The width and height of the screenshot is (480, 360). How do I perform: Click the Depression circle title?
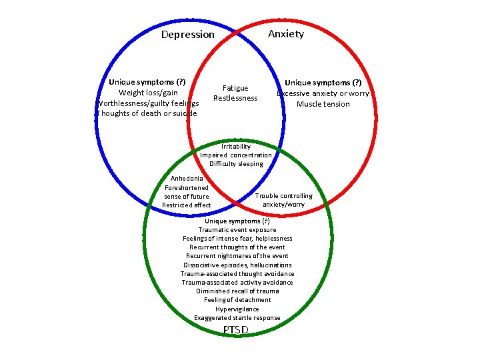(x=188, y=35)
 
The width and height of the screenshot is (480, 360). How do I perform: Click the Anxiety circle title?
(x=285, y=34)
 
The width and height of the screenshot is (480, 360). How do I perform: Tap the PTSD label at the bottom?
(x=236, y=330)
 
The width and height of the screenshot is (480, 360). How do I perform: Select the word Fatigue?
(x=235, y=88)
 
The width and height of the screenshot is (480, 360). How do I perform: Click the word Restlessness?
(x=235, y=98)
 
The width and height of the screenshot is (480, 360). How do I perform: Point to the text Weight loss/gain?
(x=148, y=93)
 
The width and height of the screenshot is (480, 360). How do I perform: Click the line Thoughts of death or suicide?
(x=147, y=113)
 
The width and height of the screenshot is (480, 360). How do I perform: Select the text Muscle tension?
(x=323, y=104)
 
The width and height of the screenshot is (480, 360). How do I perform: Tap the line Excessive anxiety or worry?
(x=323, y=93)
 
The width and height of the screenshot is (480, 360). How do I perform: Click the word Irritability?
(x=236, y=147)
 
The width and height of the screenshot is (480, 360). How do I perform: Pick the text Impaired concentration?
(x=236, y=155)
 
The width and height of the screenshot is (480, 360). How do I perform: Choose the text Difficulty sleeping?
(x=236, y=164)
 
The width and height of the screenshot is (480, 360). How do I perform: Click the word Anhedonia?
(x=187, y=179)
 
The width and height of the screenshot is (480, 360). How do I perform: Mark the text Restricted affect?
(x=187, y=205)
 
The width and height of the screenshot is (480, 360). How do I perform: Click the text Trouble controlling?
(x=284, y=195)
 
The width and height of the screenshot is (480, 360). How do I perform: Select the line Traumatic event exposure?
(x=237, y=230)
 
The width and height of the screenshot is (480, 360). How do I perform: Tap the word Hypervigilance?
(x=237, y=309)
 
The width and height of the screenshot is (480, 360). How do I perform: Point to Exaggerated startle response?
(x=237, y=318)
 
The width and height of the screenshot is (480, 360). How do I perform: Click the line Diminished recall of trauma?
(x=237, y=291)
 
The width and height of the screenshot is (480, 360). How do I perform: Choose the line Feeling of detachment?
(x=237, y=300)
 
